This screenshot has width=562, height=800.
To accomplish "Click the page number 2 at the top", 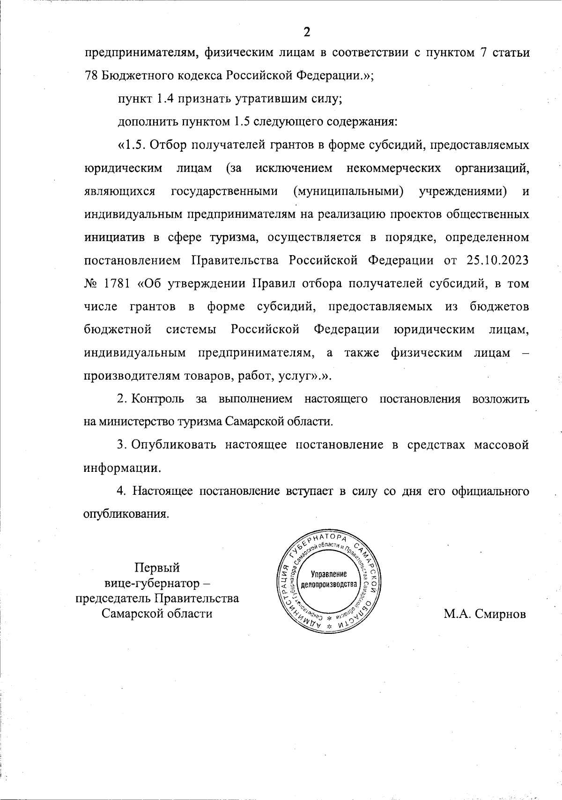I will (x=307, y=32).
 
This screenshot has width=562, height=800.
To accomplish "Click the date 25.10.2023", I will (x=497, y=260).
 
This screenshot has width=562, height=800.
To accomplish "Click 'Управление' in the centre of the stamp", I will (x=329, y=574).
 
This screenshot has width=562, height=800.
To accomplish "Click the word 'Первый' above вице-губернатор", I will (x=157, y=568).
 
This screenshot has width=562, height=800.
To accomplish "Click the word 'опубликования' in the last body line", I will (x=125, y=514).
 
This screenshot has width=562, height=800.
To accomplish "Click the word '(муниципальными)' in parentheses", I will (x=349, y=191).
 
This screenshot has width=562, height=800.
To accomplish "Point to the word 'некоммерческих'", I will (x=394, y=168).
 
